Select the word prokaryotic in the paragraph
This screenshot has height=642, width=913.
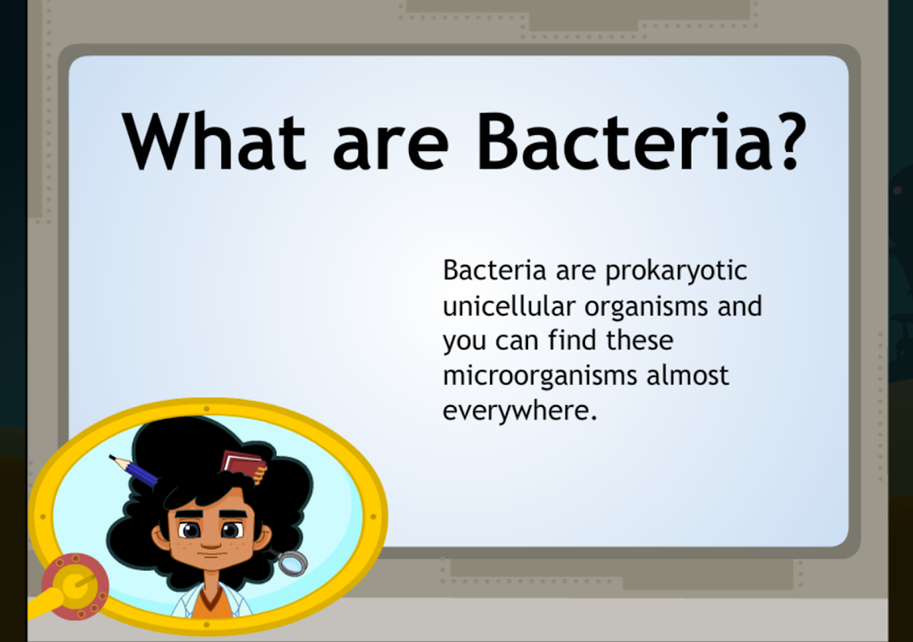676,272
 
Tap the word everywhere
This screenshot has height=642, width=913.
520,412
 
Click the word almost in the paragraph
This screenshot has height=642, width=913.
688,376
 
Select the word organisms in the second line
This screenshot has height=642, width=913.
646,307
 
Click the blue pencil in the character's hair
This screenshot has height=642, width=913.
134,471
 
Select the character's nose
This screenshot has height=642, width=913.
210,542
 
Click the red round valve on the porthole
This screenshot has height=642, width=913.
75,587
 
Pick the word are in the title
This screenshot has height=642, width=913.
391,149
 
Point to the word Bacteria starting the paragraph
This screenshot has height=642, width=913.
495,270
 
